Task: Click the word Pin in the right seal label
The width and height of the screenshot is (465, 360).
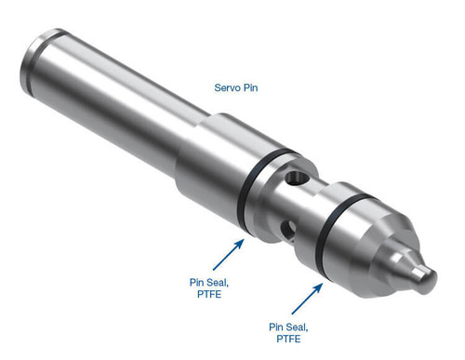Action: tap(277, 327)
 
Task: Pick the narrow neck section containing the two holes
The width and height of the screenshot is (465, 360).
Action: tap(292, 199)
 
